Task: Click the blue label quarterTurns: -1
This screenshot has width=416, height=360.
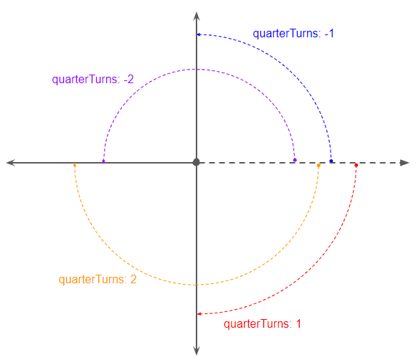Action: coord(293,34)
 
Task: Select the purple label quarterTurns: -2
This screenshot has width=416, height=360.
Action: coord(93,80)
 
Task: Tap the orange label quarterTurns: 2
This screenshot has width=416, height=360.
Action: coord(98,280)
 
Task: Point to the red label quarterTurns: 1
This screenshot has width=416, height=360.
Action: coord(263,324)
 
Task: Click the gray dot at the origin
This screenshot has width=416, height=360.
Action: coord(196,162)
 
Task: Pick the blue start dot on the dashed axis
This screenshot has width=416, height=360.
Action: coord(331,161)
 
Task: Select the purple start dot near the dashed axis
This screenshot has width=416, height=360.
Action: coord(295,160)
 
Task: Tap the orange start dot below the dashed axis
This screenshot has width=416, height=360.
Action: coord(318,166)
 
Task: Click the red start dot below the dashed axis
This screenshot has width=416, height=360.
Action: coord(356,165)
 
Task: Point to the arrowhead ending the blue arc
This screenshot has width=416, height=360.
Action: coord(199,34)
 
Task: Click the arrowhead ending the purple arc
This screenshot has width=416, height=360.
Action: coord(103,161)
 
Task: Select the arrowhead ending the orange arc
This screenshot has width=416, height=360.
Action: coord(75,165)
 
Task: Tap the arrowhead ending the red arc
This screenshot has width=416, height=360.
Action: coord(199,314)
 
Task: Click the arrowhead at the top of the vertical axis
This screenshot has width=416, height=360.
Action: coord(197,16)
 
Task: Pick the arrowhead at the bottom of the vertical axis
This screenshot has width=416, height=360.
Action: coord(197,351)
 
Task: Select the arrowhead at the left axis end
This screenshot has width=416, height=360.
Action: coord(11,163)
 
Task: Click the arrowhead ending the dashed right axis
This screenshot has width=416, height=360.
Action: coord(405,163)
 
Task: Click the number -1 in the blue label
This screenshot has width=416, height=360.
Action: coord(329,34)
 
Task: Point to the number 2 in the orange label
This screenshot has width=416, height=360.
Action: coord(133,280)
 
